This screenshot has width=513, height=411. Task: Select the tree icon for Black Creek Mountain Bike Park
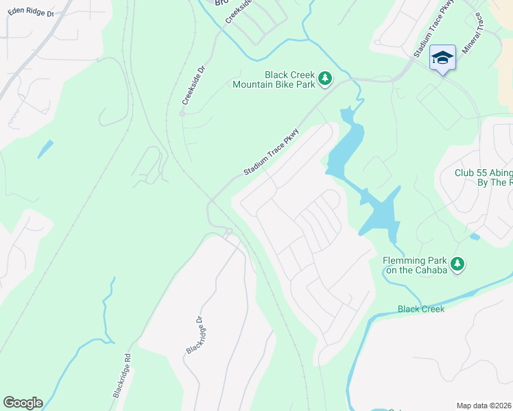coord(325,79)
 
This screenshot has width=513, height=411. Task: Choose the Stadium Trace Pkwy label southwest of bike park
coord(272,151)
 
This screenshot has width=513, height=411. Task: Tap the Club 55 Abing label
coord(484,173)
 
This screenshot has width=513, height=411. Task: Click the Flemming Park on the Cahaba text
coord(415,265)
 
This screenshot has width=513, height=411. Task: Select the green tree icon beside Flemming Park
coord(457,264)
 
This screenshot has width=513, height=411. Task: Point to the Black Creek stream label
coord(421,309)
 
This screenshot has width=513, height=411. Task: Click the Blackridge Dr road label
coord(194,335)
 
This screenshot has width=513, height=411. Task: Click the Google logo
coord(23,402)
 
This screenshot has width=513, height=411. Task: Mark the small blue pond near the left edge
coord(45,148)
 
